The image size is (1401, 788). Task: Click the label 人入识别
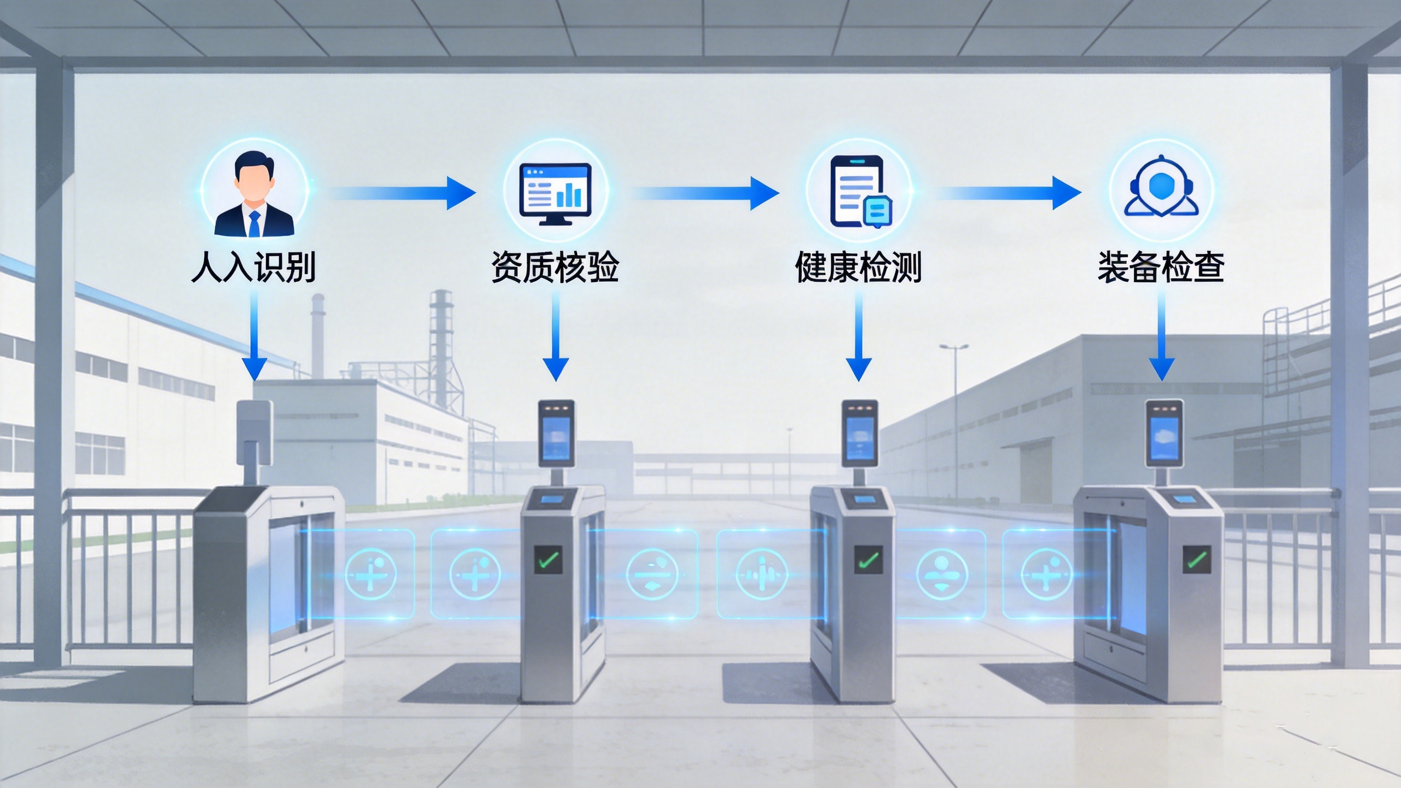(253, 268)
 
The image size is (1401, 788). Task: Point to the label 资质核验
(555, 268)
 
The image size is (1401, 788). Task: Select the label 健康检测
(858, 268)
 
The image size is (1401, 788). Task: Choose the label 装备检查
(1161, 268)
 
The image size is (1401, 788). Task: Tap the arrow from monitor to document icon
(706, 193)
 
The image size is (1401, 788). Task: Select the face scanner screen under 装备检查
(1164, 438)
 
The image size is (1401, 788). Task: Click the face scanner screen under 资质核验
(556, 438)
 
